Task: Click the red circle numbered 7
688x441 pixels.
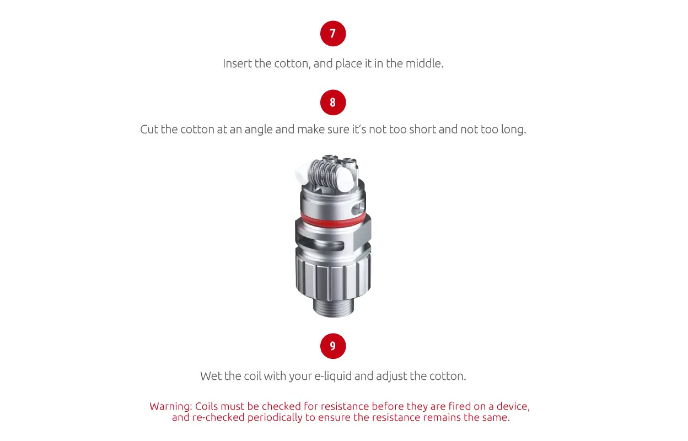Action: [332, 34]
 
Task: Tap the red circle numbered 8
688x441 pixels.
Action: [332, 103]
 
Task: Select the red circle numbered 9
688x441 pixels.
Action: [332, 346]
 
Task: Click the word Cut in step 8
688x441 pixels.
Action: [149, 130]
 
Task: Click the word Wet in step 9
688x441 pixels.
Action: [211, 376]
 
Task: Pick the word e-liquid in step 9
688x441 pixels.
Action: [332, 376]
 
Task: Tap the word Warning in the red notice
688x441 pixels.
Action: [170, 406]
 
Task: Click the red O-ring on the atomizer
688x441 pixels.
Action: [332, 219]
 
